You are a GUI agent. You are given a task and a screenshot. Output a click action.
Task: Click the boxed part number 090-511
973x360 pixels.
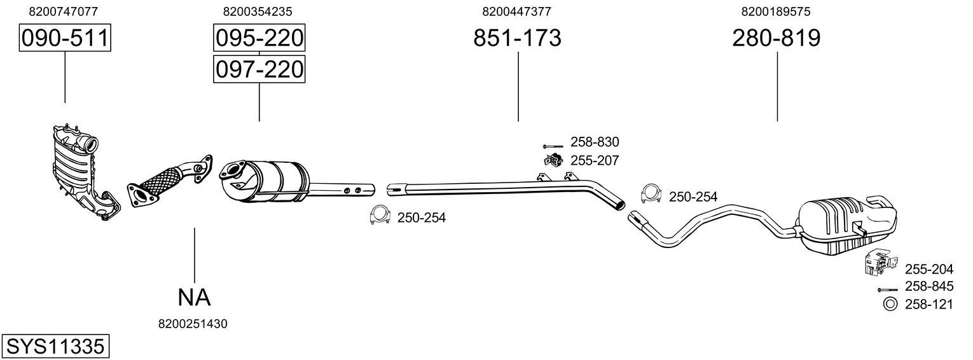pos(65,38)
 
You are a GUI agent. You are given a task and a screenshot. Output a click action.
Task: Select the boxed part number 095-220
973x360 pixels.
pos(259,38)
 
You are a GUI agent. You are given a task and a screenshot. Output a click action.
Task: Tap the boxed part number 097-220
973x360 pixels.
pos(259,69)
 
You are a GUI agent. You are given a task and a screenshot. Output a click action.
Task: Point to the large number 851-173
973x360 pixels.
pos(517,38)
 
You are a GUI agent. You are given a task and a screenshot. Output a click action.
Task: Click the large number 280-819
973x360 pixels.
pos(776,38)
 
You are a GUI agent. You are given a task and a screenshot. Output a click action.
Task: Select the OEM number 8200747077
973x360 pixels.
pos(64,11)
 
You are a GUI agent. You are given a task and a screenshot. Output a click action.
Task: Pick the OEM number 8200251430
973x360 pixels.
pos(193,324)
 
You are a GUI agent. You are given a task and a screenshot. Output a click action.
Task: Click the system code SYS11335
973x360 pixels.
pos(54,347)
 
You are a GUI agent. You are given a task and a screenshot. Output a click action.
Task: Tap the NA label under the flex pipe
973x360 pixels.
pos(193,296)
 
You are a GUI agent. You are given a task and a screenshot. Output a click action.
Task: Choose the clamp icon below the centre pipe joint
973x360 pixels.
pos(380,216)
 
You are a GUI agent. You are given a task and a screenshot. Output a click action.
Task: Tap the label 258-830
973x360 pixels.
pos(594,142)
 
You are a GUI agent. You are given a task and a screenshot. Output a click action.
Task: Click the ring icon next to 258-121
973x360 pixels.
pos(890,305)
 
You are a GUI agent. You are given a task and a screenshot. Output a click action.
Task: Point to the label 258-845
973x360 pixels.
pos(928,287)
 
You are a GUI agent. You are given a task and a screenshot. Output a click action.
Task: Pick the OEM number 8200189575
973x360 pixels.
pos(775,11)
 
